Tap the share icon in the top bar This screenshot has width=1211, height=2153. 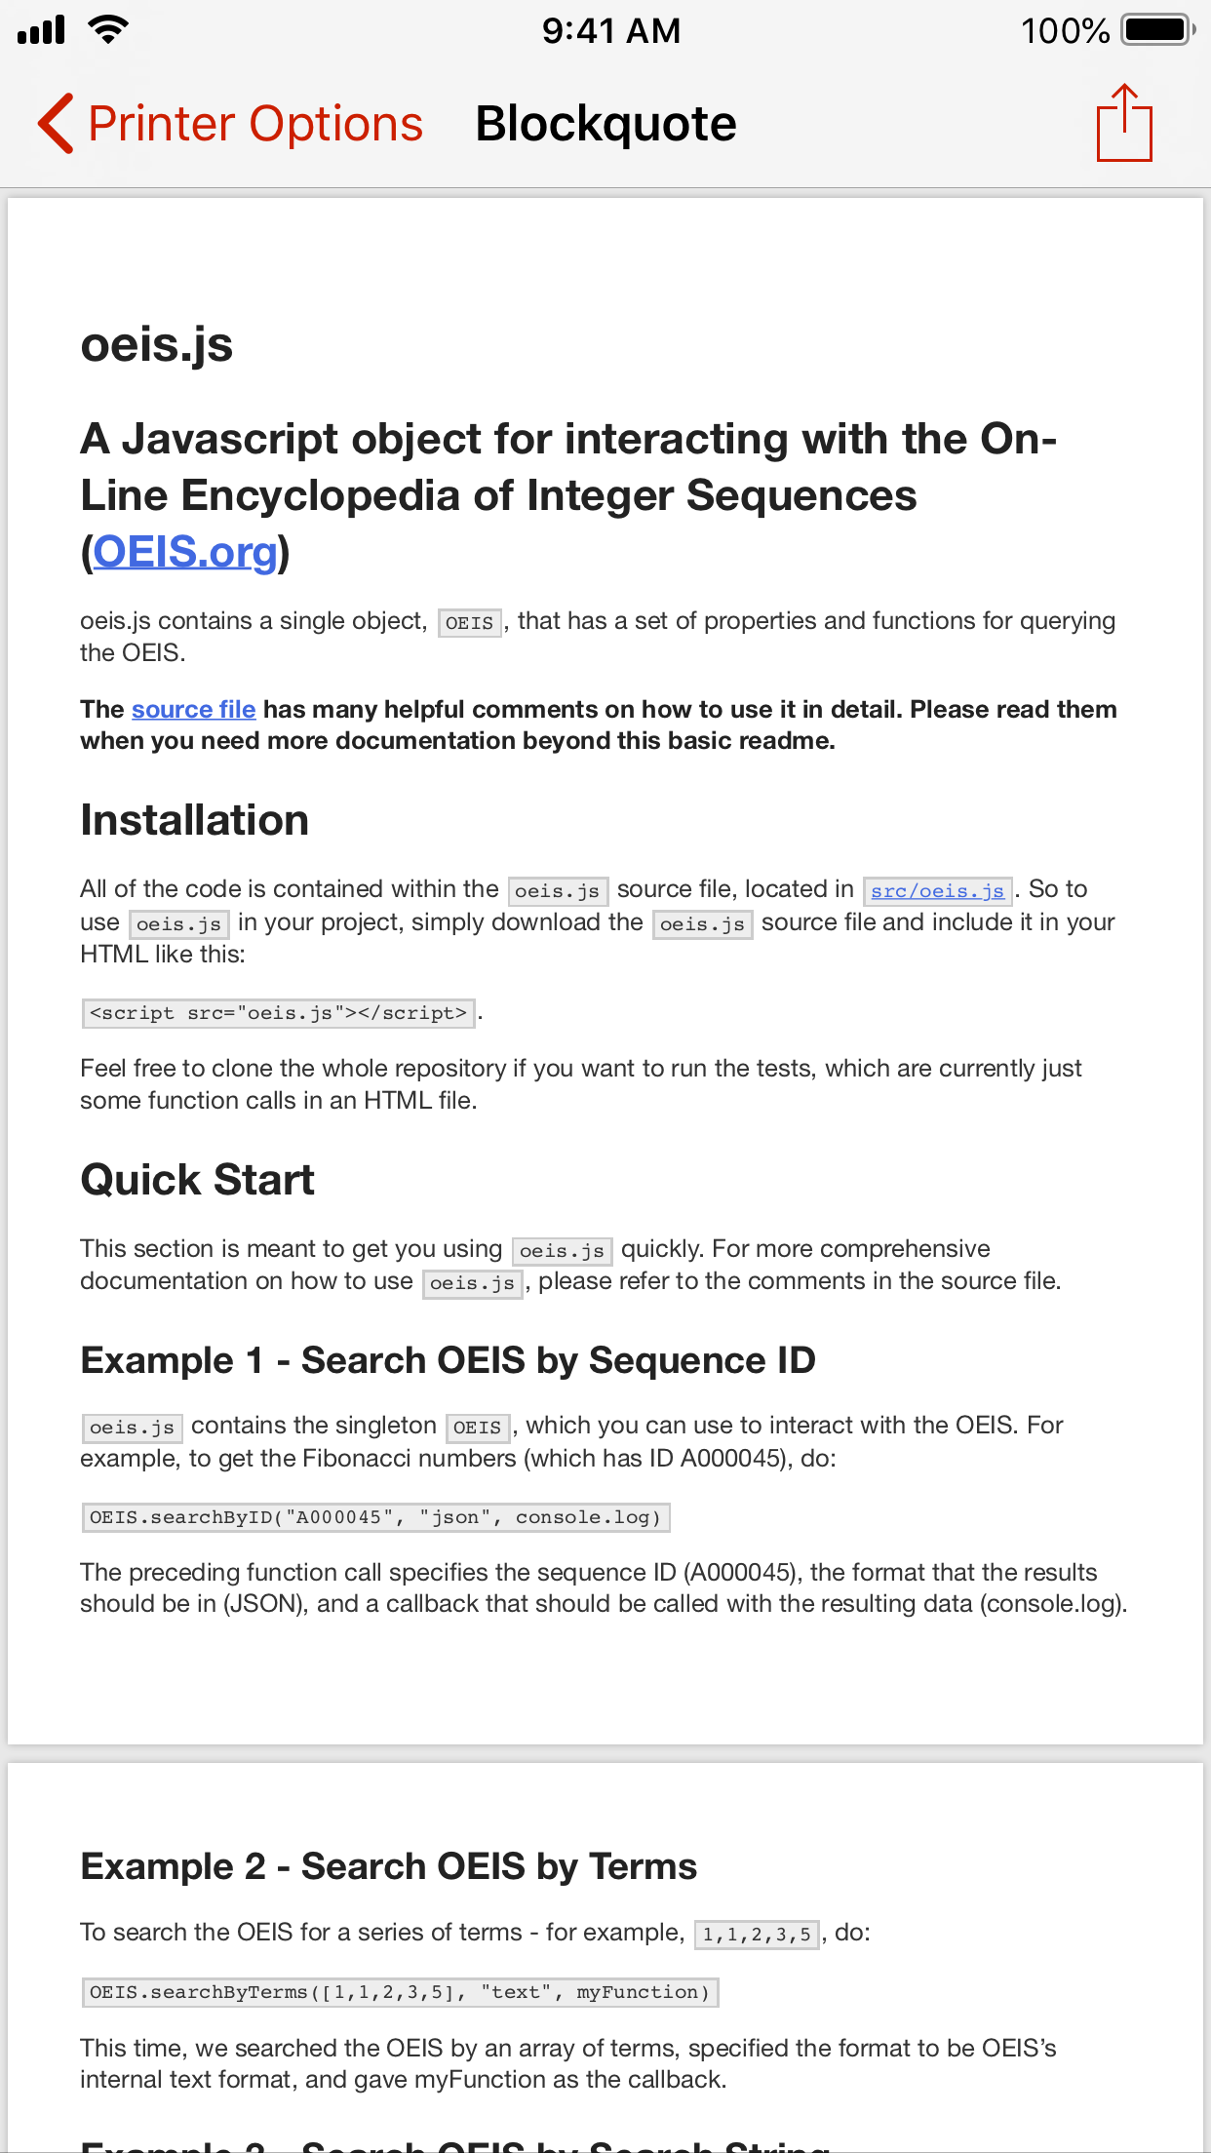(x=1124, y=124)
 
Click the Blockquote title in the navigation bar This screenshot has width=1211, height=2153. (x=605, y=124)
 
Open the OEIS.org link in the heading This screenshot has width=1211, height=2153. (x=185, y=552)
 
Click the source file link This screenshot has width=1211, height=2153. (x=193, y=710)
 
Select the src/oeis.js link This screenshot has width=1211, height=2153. (x=937, y=890)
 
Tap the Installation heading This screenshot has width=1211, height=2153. (x=194, y=820)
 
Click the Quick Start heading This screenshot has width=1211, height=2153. (x=197, y=1180)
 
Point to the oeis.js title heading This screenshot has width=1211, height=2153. (x=156, y=345)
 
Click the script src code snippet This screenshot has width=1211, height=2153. (x=278, y=1013)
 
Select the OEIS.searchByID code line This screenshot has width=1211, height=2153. (x=375, y=1517)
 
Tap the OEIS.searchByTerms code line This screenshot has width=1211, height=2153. (x=400, y=1992)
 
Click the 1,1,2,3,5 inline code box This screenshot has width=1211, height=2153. (x=757, y=1934)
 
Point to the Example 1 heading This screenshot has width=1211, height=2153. (x=448, y=1360)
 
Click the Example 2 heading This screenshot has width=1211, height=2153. (x=388, y=1866)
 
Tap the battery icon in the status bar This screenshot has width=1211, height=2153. (x=1157, y=30)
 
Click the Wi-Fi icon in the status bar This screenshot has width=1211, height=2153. (x=107, y=29)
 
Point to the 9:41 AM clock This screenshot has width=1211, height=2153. (x=611, y=31)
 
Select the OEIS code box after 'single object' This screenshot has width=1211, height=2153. (x=469, y=622)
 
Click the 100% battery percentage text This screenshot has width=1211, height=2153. (x=1065, y=31)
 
